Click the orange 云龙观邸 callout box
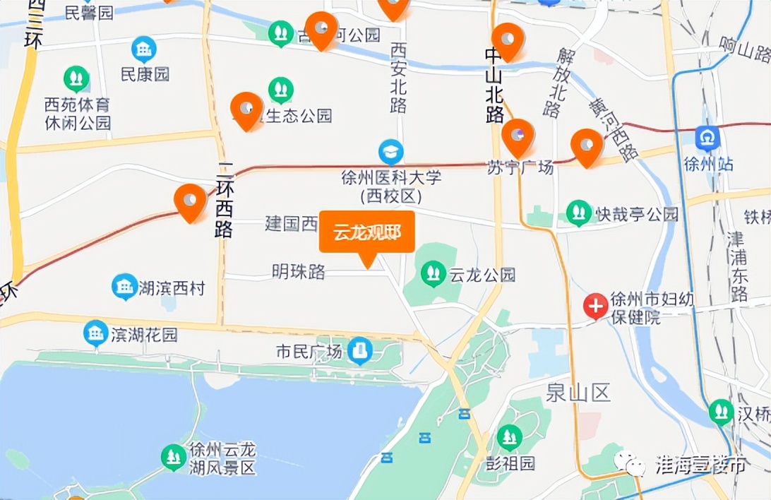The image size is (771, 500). point(366,232)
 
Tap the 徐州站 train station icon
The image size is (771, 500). point(707,138)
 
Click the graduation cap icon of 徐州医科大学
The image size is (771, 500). point(390,151)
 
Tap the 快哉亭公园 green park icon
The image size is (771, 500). point(579,213)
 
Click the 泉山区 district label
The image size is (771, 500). point(578,393)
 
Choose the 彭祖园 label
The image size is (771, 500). point(510,463)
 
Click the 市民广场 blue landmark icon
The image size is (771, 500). point(360,351)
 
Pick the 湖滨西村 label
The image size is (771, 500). point(172,287)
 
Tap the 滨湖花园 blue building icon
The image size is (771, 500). point(96,333)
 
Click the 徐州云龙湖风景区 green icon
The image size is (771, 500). point(173,458)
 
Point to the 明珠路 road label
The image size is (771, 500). point(299,271)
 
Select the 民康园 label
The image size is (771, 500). point(145,74)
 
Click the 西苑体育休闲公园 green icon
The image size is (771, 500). point(76,79)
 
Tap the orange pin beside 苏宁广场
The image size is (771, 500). point(518,137)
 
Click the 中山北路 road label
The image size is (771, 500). point(494,85)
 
